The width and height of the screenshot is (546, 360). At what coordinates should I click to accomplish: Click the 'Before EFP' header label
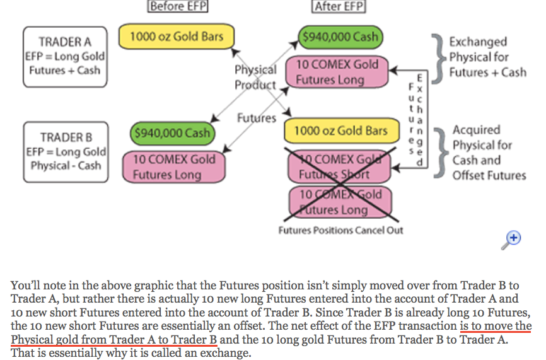pyautogui.click(x=177, y=7)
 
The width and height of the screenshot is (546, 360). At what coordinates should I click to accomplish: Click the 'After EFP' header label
pyautogui.click(x=339, y=7)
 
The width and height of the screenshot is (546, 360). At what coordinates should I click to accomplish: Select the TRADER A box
pyautogui.click(x=65, y=56)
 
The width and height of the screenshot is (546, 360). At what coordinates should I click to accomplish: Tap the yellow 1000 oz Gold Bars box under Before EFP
pyautogui.click(x=176, y=37)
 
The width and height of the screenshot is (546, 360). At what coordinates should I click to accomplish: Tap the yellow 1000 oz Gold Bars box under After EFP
pyautogui.click(x=341, y=131)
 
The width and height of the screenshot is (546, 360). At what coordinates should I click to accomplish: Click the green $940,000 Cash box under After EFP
pyautogui.click(x=340, y=37)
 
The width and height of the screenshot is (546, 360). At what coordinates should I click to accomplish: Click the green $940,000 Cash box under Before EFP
pyautogui.click(x=171, y=133)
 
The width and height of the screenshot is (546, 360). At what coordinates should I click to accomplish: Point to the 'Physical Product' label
pyautogui.click(x=255, y=77)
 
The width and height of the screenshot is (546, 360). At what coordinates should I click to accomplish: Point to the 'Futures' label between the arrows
pyautogui.click(x=257, y=118)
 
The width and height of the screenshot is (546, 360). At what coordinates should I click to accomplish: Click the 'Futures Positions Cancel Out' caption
pyautogui.click(x=340, y=230)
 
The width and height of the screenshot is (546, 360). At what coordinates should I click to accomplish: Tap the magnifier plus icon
pyautogui.click(x=514, y=238)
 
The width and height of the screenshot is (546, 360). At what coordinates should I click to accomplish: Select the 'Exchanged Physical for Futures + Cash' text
pyautogui.click(x=487, y=57)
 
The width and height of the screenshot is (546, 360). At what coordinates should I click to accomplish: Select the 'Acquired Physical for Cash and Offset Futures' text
pyautogui.click(x=488, y=152)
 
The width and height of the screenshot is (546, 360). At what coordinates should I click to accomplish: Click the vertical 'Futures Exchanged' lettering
pyautogui.click(x=417, y=120)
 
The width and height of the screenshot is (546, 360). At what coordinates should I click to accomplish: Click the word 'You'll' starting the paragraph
pyautogui.click(x=23, y=286)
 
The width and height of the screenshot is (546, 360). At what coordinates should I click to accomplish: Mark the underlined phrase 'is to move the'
pyautogui.click(x=495, y=327)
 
